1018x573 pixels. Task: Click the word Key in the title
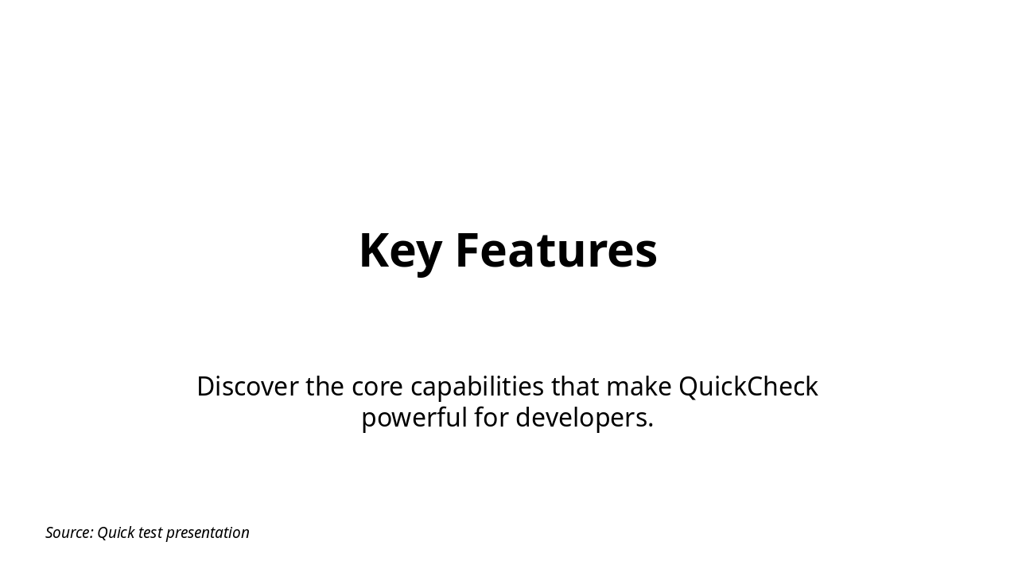click(x=400, y=251)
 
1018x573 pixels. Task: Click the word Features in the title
click(x=556, y=251)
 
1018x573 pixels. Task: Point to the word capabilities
click(x=477, y=388)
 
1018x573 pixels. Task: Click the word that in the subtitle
click(x=575, y=387)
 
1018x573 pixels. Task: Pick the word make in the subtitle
click(x=639, y=387)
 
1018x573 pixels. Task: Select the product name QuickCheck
click(x=748, y=387)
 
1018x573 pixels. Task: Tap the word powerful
click(x=414, y=418)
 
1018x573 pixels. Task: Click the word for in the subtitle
click(x=491, y=418)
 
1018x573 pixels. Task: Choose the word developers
click(x=582, y=418)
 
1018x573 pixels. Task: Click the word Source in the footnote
click(x=68, y=532)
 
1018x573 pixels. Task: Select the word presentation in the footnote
click(x=208, y=533)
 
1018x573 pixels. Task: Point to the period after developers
click(x=651, y=426)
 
